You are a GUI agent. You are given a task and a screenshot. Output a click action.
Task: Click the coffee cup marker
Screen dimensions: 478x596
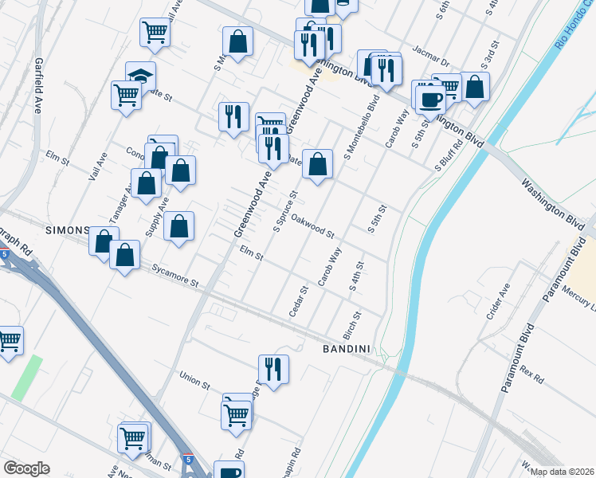pyautogui.click(x=431, y=100)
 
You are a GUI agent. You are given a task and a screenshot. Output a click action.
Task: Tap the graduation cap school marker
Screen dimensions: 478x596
pyautogui.click(x=140, y=76)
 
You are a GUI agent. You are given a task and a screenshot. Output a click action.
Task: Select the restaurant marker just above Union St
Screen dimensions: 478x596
pyautogui.click(x=273, y=369)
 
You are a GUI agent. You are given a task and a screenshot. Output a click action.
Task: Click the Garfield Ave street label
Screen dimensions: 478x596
pyautogui.click(x=37, y=84)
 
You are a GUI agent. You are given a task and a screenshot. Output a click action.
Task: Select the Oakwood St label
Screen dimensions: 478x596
pyautogui.click(x=312, y=225)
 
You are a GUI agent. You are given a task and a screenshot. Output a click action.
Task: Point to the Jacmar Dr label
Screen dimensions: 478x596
pyautogui.click(x=434, y=61)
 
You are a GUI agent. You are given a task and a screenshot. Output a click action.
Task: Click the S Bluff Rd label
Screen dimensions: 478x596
pyautogui.click(x=449, y=156)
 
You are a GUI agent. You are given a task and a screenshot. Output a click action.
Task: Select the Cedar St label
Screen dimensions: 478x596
pyautogui.click(x=298, y=301)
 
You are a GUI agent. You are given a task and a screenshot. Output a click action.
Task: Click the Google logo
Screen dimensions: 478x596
pyautogui.click(x=26, y=468)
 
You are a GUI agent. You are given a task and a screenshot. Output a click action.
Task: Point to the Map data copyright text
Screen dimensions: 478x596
pyautogui.click(x=563, y=472)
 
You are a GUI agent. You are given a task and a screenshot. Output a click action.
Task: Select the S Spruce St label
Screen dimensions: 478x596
pyautogui.click(x=285, y=211)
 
